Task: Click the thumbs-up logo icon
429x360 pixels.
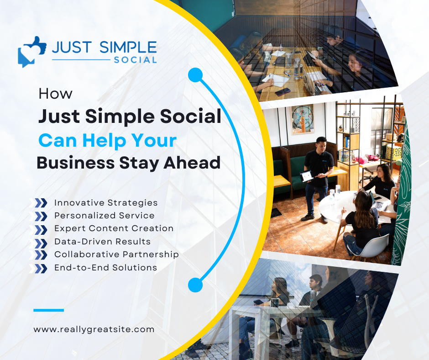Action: tap(32, 52)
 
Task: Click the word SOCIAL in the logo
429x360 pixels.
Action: tap(135, 60)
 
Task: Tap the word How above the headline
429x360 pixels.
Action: tap(56, 94)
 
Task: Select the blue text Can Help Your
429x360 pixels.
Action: tap(108, 141)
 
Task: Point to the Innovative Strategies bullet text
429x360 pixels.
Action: tap(106, 202)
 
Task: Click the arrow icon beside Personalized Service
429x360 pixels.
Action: tap(38, 216)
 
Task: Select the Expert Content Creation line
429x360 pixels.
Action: tap(114, 228)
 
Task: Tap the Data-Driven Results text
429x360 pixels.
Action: tap(102, 241)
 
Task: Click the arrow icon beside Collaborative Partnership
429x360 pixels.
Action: tap(38, 255)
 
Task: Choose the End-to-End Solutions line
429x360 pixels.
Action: tap(105, 267)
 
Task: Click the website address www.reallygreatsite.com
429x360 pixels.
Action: tap(94, 329)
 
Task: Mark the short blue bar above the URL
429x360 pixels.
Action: tap(49, 310)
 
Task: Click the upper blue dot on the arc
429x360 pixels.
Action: tap(195, 75)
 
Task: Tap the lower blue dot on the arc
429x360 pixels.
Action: tap(195, 285)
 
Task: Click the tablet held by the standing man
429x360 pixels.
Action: tap(307, 176)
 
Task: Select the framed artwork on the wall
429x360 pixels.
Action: tap(302, 119)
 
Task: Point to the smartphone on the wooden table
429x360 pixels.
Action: tap(283, 92)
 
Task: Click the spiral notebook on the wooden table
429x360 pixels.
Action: tap(276, 80)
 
